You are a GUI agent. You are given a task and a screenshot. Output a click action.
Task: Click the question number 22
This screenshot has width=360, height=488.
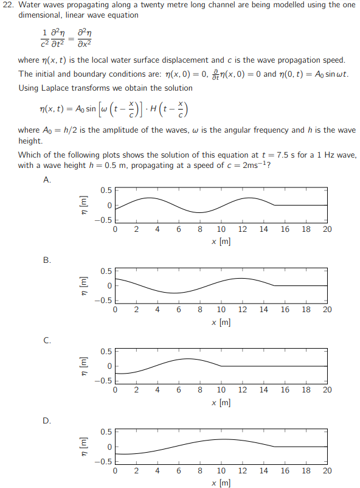(x=9, y=5)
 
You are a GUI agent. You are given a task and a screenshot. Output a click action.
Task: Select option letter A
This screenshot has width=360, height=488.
(x=47, y=180)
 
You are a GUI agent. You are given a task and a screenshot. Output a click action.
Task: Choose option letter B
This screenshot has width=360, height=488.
(x=47, y=260)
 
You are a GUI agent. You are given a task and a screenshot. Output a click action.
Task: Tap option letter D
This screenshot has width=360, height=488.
(x=47, y=420)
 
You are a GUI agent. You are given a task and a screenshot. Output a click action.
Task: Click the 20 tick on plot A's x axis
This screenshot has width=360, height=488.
(x=327, y=229)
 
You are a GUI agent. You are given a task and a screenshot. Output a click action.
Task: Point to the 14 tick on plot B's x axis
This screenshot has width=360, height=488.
(x=263, y=310)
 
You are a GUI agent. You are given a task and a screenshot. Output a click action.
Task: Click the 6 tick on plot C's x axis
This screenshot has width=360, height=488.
(x=179, y=390)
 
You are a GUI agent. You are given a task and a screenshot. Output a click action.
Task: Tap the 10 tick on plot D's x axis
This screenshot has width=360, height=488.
(x=221, y=470)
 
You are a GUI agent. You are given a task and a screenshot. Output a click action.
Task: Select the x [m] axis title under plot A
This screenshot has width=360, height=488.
(x=221, y=241)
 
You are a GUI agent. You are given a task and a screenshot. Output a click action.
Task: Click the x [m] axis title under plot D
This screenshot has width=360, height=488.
(x=221, y=482)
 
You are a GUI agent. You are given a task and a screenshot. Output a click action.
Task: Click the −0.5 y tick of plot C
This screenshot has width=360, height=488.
(x=104, y=381)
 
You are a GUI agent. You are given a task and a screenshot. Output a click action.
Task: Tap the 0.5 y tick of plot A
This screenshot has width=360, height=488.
(x=106, y=190)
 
